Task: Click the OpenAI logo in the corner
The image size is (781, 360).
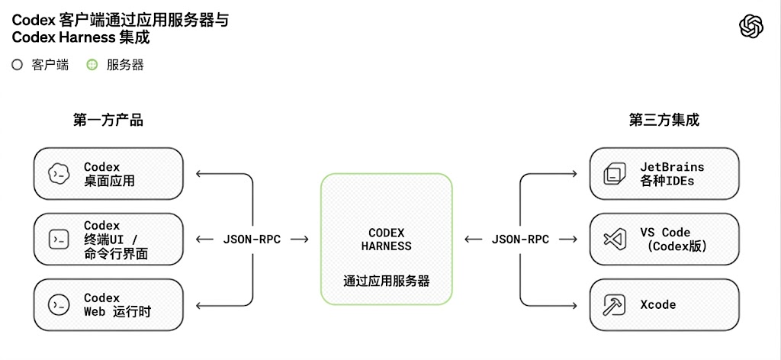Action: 751,27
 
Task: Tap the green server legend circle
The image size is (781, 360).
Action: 92,66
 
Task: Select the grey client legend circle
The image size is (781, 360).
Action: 18,66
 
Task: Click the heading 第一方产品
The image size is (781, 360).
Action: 108,120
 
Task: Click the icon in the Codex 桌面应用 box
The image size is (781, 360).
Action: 58,174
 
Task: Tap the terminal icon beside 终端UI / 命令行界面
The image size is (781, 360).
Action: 58,239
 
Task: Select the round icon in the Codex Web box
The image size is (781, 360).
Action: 58,305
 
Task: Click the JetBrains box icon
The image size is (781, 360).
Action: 613,174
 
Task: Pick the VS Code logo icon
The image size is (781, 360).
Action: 613,239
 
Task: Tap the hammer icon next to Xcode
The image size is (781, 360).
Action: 613,305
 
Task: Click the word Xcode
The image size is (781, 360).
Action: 658,305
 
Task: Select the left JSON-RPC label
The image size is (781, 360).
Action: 252,239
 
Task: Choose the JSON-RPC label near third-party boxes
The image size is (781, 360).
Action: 520,239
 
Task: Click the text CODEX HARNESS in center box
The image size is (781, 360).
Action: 387,239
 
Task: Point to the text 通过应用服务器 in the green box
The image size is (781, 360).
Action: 387,281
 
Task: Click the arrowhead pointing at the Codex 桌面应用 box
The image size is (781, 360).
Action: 198,174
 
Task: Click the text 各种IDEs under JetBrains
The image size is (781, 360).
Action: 667,180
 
